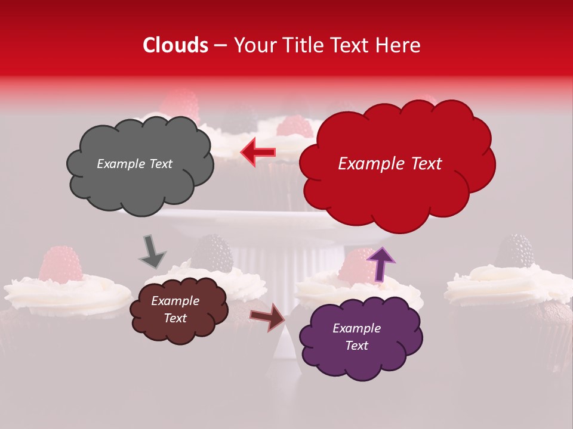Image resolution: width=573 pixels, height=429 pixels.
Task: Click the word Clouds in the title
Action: [x=175, y=45]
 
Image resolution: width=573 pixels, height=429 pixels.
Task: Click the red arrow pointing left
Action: [x=257, y=152]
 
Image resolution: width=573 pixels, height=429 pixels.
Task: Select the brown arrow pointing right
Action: [x=268, y=316]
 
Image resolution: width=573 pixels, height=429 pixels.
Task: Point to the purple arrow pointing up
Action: [x=380, y=264]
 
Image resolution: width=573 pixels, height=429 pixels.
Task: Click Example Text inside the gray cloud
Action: [x=134, y=164]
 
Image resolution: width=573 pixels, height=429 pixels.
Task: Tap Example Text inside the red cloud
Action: [x=390, y=164]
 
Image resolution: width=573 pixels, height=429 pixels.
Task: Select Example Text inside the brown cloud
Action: [x=175, y=309]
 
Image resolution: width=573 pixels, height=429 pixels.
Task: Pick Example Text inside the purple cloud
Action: [x=356, y=337]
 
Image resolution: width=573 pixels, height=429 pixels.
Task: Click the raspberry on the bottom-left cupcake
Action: [x=61, y=263]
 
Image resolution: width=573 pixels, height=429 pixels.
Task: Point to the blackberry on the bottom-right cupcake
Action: [x=515, y=250]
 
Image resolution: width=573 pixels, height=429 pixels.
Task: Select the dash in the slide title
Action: [x=220, y=46]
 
